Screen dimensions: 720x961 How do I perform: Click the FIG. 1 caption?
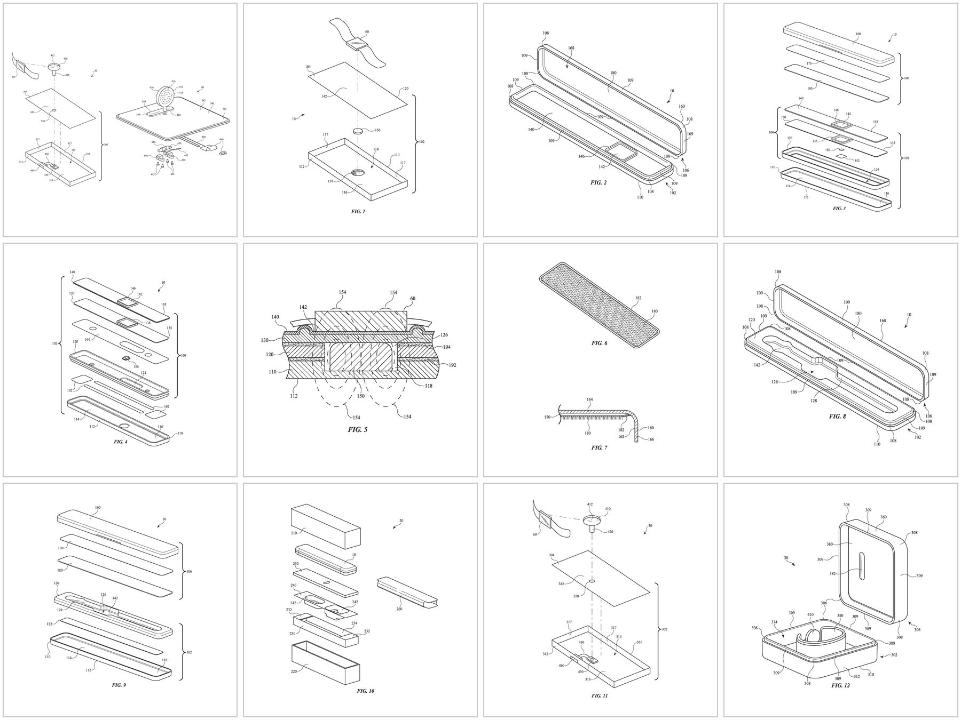[x=358, y=212]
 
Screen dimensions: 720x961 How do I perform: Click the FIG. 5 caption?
[x=358, y=429]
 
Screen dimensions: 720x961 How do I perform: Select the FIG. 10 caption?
[x=366, y=691]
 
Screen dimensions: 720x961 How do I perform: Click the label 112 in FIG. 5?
[x=293, y=396]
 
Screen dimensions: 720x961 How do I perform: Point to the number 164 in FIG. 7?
[x=589, y=399]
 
